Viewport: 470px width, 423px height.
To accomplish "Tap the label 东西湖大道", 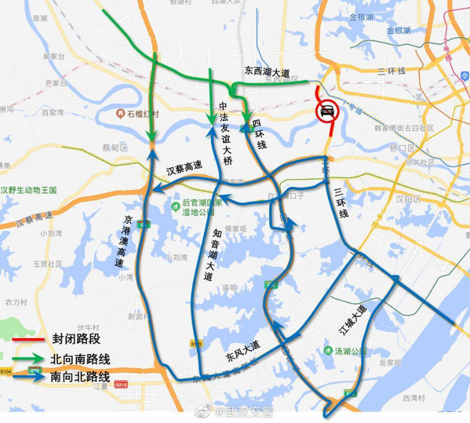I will pyautogui.click(x=267, y=72).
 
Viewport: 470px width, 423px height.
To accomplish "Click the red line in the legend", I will pyautogui.click(x=28, y=340).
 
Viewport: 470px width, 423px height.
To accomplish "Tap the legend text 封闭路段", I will pyautogui.click(x=76, y=339).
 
